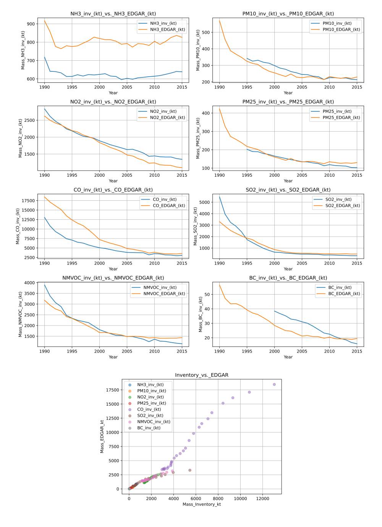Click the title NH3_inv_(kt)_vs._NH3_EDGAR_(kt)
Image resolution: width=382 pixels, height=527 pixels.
click(x=113, y=14)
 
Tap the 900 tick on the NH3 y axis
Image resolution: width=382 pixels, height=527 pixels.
click(x=31, y=24)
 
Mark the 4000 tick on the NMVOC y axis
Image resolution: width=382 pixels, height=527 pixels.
click(x=29, y=283)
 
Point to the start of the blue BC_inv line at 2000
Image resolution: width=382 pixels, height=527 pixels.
click(x=274, y=311)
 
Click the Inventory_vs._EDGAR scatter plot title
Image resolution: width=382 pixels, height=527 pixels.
click(x=202, y=375)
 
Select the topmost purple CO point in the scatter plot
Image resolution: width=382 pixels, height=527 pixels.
click(x=274, y=384)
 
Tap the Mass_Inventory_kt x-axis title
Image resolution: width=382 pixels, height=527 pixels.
click(x=202, y=504)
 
